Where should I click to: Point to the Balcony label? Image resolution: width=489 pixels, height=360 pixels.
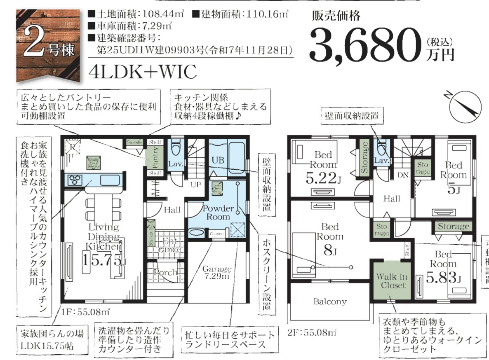click(330, 302)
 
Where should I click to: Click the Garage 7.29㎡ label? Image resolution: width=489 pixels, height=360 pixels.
click(217, 272)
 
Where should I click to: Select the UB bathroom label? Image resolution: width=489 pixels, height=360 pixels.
click(218, 160)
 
